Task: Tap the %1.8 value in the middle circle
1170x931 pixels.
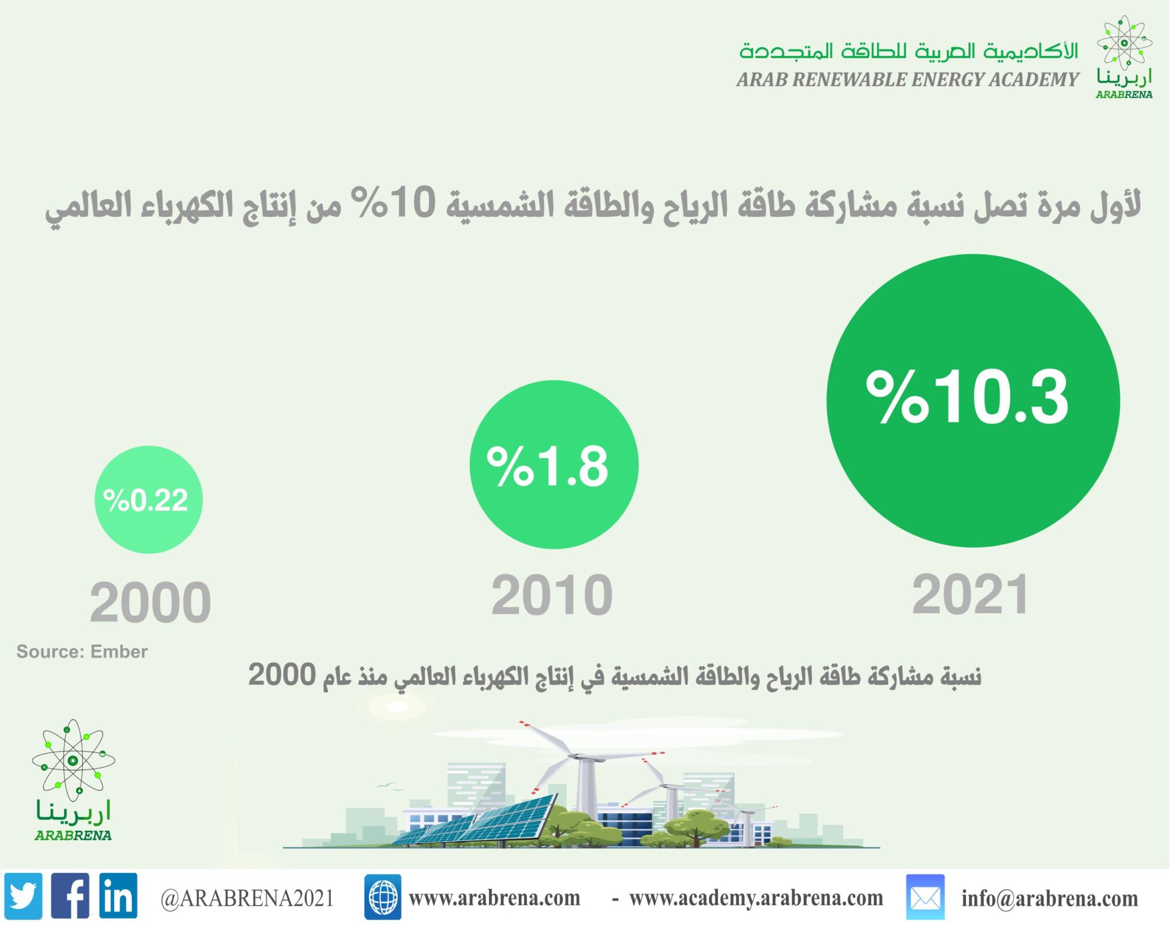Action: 547,467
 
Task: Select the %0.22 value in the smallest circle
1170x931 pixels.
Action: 145,500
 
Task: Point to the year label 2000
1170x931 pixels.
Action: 150,602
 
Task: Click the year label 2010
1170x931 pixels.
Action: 552,595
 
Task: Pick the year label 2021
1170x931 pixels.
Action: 971,595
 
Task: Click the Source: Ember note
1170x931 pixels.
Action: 82,651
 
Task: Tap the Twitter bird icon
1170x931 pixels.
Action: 23,896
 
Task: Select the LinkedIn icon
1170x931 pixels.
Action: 118,896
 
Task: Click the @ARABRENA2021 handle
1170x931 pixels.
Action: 247,898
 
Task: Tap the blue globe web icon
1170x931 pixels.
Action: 383,897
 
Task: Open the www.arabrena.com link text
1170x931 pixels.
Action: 495,898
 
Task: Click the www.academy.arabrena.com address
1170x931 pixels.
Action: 756,898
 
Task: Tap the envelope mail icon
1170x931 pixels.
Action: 925,897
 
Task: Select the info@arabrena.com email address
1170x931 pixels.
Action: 1049,898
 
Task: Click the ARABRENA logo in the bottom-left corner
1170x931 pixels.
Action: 73,780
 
